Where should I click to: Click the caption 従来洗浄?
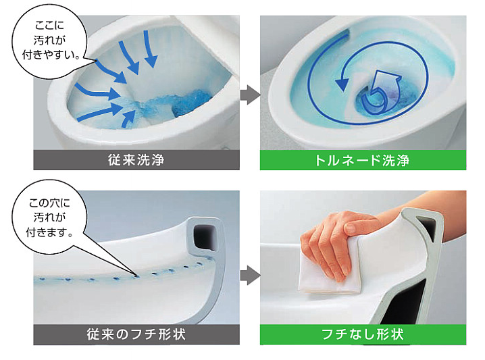[136, 160]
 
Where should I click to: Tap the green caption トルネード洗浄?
[363, 160]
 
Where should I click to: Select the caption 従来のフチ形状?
[136, 334]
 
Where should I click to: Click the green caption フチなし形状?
[363, 334]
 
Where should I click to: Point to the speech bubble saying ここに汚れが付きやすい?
[49, 41]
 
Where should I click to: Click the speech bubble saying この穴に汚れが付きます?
[47, 217]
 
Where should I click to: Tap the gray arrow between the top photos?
[250, 95]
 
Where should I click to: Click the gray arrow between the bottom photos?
[250, 275]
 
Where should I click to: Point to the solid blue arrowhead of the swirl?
[342, 84]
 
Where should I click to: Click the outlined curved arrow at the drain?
[380, 91]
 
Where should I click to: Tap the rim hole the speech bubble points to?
[135, 276]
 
